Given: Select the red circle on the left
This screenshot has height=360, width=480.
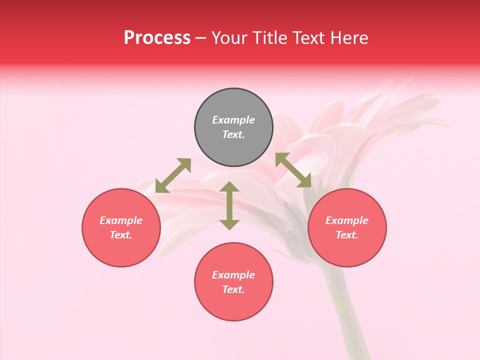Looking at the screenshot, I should tap(121, 227).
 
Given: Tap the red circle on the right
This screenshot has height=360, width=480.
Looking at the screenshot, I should tap(347, 227).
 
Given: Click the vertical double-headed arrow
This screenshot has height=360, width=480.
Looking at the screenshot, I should tap(229, 205).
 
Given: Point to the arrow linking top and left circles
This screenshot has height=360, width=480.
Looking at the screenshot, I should tap(173, 175).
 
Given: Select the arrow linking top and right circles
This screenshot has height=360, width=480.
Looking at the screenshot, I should tap(293, 170).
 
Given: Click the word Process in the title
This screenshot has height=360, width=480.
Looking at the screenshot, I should tap(157, 38).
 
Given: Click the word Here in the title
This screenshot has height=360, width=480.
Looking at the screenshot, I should tap(349, 38).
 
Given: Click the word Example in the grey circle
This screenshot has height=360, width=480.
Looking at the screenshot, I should tap(233, 120).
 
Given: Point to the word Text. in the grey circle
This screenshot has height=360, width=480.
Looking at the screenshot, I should tap(233, 134).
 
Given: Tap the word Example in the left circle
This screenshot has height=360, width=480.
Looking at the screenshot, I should tap(121, 220).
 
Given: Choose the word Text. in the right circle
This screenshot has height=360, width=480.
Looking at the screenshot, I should tap(347, 235).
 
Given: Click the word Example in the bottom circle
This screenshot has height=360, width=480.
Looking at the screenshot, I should tap(233, 275).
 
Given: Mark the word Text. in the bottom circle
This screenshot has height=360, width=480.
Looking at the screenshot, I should tap(233, 289).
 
